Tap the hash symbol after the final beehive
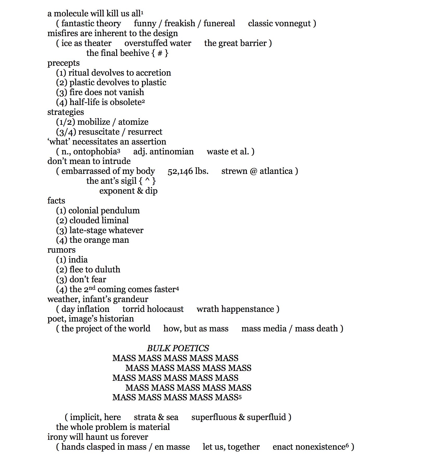tap(160, 53)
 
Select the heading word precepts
tap(63, 63)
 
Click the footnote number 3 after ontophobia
tap(118, 150)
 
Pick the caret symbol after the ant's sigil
tap(147, 180)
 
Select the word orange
tap(101, 240)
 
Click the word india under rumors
tap(78, 260)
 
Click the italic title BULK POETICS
tap(178, 348)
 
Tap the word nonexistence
tap(309, 447)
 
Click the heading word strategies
tap(65, 112)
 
